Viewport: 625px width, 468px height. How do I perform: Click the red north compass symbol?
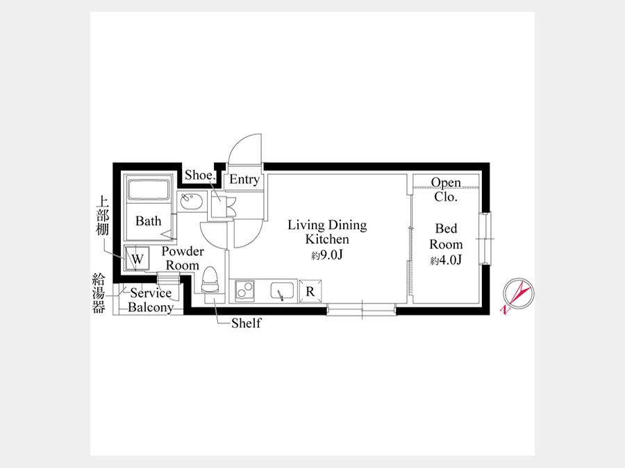click(x=518, y=294)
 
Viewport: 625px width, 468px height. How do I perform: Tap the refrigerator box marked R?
click(x=310, y=291)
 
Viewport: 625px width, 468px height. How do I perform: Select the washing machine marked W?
click(x=137, y=259)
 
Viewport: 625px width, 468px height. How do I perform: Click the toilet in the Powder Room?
click(x=210, y=280)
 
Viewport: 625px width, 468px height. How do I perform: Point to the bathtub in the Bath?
click(x=149, y=189)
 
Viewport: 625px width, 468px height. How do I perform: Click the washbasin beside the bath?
click(x=189, y=201)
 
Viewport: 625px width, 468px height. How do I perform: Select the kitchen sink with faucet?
click(x=282, y=291)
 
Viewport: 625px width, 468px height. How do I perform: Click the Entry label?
click(x=244, y=179)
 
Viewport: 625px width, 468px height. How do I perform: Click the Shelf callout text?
click(x=247, y=322)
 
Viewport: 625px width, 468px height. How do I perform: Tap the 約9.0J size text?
click(x=327, y=254)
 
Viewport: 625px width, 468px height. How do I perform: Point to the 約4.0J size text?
click(x=446, y=260)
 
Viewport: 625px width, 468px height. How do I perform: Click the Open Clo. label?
click(x=446, y=189)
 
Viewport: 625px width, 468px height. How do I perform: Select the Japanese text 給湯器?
click(x=99, y=293)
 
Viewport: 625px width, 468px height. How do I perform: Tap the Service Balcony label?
click(x=151, y=300)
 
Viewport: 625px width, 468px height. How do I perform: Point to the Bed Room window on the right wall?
click(x=485, y=239)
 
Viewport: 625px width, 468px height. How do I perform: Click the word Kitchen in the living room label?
click(x=327, y=239)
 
